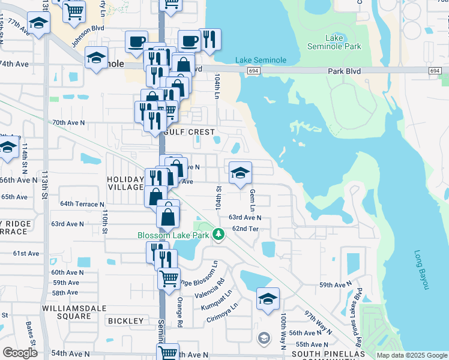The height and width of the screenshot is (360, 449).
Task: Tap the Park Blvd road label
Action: click(344, 71)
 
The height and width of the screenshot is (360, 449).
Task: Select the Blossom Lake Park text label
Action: click(173, 235)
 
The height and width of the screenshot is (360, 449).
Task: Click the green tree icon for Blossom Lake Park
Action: click(220, 235)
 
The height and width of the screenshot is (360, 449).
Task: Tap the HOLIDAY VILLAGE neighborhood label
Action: click(125, 184)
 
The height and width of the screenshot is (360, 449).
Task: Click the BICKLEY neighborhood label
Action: click(126, 321)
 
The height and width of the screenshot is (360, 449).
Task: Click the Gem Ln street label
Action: click(252, 200)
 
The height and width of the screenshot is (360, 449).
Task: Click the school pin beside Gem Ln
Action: click(240, 173)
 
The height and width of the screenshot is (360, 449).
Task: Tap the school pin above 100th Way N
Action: click(268, 298)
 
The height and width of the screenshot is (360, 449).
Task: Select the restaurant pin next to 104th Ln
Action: click(209, 40)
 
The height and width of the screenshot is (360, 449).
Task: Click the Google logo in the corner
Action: click(20, 353)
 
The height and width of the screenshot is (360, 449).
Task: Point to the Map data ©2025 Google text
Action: click(412, 355)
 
